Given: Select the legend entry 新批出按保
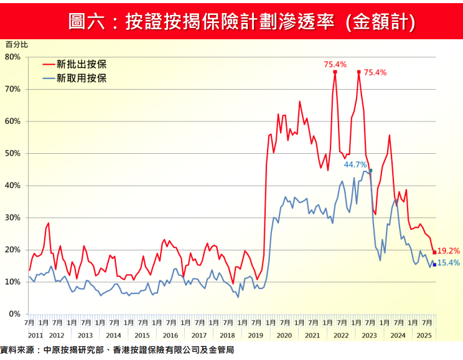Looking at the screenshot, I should tap(81, 64).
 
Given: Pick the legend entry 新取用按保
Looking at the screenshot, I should tap(81, 78).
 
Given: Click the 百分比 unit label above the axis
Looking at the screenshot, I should tap(17, 45).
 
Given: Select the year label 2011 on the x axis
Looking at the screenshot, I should tap(35, 335).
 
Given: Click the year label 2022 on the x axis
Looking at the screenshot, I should tap(340, 335).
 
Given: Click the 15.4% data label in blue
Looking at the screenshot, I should tap(449, 263).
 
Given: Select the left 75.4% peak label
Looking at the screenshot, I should tap(335, 64).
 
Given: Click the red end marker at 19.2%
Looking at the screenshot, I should tap(434, 252).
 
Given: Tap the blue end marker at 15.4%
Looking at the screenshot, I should tap(434, 265).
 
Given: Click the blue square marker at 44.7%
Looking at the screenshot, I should tap(371, 170).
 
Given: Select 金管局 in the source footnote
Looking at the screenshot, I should tap(222, 351).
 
